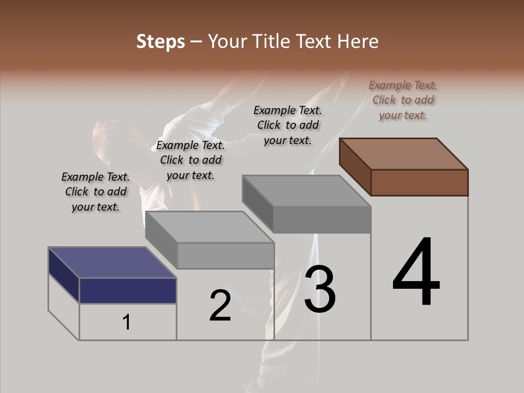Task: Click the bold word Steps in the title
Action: tap(160, 41)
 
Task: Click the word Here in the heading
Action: tap(357, 41)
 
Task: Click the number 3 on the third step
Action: tap(320, 289)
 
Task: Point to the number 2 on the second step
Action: tap(220, 305)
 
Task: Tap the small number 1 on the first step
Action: tap(127, 323)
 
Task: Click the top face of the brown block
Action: tap(404, 153)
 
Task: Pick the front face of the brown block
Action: tap(419, 182)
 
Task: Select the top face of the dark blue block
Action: tap(112, 263)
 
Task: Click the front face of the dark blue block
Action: tap(128, 290)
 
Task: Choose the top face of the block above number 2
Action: tap(210, 227)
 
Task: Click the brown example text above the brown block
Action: tap(403, 100)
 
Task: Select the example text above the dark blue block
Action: tap(96, 192)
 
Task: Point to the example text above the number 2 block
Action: tap(190, 160)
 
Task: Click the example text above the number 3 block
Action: tap(288, 125)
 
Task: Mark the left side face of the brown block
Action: tap(355, 166)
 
